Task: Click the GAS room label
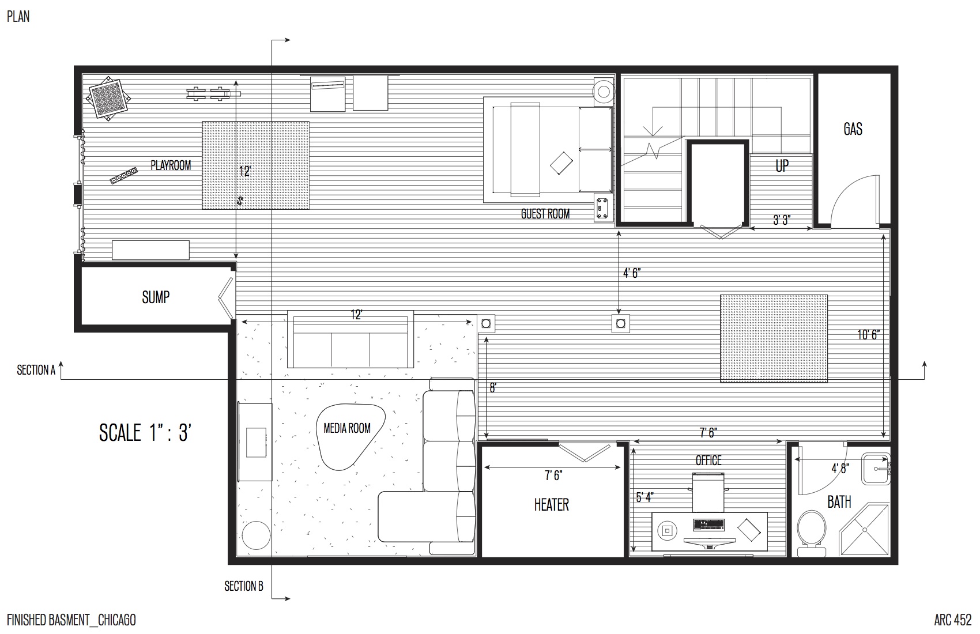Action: (x=853, y=129)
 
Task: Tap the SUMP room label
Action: (x=155, y=297)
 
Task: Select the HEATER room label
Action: (x=551, y=505)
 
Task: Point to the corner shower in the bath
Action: (x=865, y=531)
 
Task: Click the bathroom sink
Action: (x=876, y=469)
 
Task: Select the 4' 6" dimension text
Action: (x=632, y=273)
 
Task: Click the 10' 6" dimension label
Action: (x=869, y=334)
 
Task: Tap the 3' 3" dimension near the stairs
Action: (x=781, y=220)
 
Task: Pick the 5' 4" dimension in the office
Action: (x=644, y=497)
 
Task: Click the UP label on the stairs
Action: (x=782, y=166)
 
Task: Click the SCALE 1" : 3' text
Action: (x=145, y=432)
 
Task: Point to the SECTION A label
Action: (x=36, y=371)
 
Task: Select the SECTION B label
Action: (x=244, y=586)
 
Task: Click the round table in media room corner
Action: (x=256, y=535)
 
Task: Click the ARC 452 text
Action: (x=952, y=620)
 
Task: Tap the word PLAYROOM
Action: (x=171, y=165)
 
